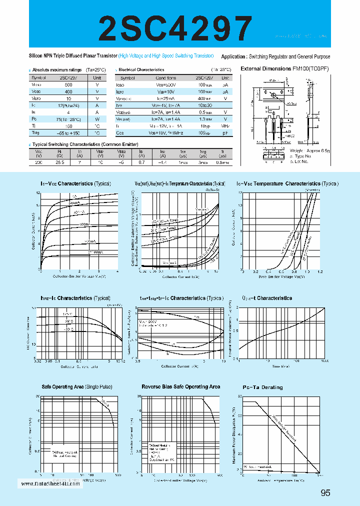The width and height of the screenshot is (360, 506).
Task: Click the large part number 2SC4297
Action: pos(176,28)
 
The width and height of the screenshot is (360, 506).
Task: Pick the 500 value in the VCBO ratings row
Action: pos(68,85)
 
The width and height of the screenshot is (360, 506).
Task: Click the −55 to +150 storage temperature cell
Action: pos(68,133)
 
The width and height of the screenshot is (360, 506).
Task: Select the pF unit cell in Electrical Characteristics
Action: pos(225,133)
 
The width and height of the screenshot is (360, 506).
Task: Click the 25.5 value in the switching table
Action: pos(59,163)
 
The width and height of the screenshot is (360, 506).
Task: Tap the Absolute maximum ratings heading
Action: pos(58,70)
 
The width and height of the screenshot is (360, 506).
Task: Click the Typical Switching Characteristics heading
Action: pos(74,144)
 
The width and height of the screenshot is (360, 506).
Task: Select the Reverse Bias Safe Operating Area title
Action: pos(180,387)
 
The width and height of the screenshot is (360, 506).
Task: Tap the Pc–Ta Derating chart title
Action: pos(262,387)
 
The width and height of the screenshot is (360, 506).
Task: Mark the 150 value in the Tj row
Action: pos(68,126)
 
